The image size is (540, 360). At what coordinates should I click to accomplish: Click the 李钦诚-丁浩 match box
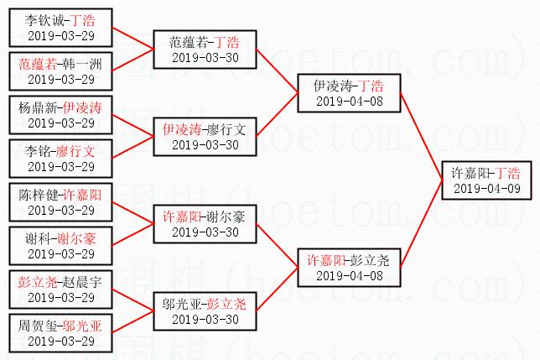[60, 27]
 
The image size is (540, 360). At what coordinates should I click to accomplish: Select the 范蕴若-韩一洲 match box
[60, 70]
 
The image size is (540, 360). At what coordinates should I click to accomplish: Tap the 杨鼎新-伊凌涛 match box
[60, 115]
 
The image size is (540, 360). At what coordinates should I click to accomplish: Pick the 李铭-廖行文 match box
[60, 159]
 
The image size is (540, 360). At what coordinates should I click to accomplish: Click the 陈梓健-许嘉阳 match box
[60, 202]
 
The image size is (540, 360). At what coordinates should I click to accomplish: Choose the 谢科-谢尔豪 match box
[60, 246]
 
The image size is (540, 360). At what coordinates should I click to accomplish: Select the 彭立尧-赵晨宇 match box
[60, 290]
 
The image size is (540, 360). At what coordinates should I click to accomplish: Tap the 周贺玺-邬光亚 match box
[60, 333]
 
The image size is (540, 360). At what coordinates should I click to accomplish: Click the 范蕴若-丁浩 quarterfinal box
[205, 49]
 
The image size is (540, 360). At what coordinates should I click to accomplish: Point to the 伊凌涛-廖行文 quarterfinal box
[205, 137]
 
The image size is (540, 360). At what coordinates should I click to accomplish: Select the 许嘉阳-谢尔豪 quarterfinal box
[205, 224]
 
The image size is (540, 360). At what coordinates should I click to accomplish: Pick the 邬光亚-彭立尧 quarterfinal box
[205, 311]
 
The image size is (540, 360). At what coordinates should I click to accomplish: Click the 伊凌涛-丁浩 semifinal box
[349, 92]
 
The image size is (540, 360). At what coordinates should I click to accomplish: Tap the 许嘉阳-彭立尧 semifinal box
[349, 268]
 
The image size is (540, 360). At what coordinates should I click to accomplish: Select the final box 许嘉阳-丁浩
[485, 180]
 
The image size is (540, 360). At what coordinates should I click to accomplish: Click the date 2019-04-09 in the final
[485, 189]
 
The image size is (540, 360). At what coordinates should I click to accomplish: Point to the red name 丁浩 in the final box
[507, 173]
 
